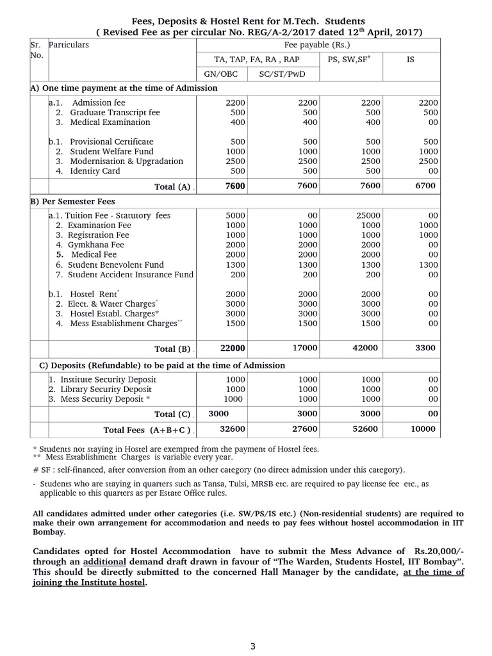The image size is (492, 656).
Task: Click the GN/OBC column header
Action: click(221, 74)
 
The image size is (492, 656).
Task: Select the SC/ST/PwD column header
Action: click(283, 74)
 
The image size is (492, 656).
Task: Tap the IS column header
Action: click(411, 59)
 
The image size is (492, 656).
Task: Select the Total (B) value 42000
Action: click(366, 348)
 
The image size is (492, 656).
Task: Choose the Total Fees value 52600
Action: click(366, 429)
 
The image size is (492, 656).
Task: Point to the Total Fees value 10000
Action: click(423, 429)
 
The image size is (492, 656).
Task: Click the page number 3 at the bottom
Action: click(253, 646)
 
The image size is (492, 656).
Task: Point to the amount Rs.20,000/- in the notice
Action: click(438, 551)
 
